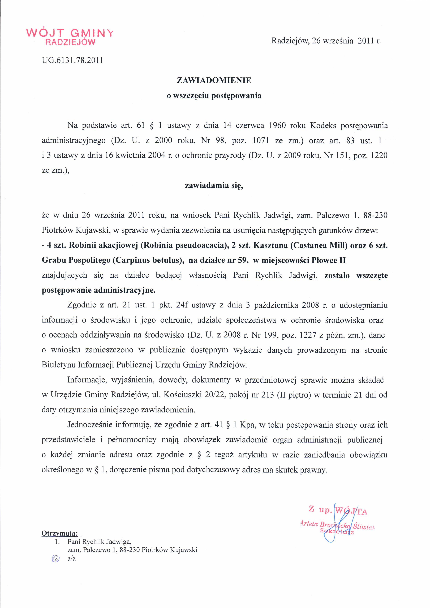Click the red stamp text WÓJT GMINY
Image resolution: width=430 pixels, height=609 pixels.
(70, 33)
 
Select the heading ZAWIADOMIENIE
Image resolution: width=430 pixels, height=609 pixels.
(214, 81)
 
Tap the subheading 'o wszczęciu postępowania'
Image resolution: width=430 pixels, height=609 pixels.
(214, 96)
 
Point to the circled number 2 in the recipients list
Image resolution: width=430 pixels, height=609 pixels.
(56, 558)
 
